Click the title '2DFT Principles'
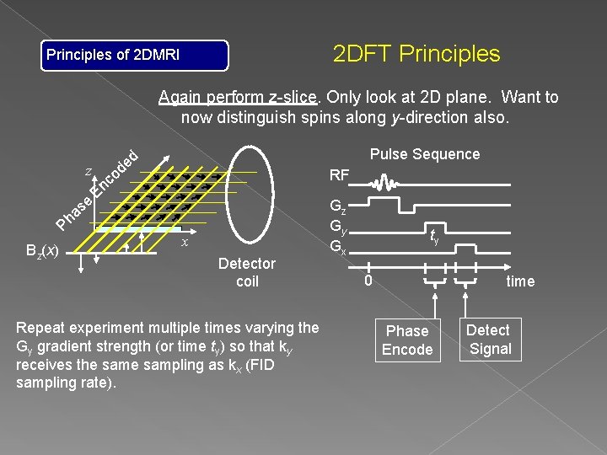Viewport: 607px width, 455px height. coord(416,55)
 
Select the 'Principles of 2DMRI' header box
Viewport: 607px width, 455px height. coord(136,56)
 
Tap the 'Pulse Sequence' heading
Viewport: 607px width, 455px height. coord(425,154)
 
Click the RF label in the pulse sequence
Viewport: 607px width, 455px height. coord(340,176)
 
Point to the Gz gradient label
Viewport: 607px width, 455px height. coord(337,208)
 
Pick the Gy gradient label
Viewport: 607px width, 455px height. coord(337,228)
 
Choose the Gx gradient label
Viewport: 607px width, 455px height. coord(337,248)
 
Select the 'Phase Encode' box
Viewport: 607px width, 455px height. coord(407,340)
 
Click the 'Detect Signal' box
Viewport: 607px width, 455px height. coord(488,339)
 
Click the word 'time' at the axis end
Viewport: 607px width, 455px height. coord(520,281)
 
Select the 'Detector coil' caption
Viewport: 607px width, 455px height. coord(246,273)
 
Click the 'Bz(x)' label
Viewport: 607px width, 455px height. coord(42,250)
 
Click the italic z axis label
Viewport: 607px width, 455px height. coord(89,171)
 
